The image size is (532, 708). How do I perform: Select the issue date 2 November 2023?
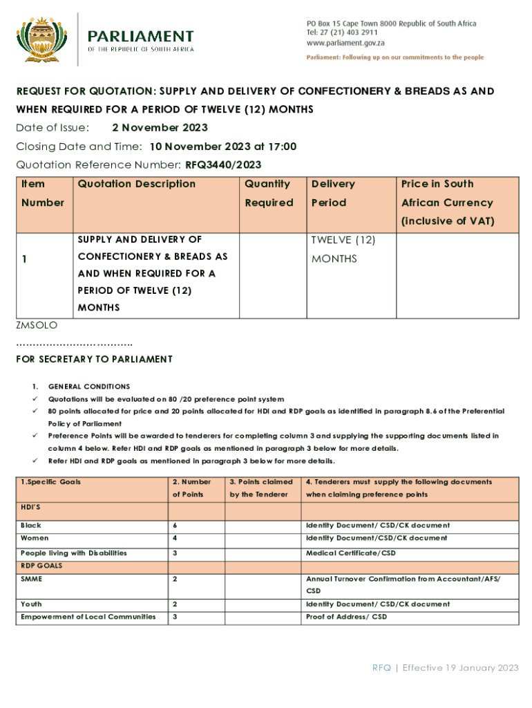pyautogui.click(x=160, y=128)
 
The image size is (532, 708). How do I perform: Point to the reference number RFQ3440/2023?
pyautogui.click(x=223, y=165)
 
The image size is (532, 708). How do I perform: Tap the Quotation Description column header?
pyautogui.click(x=137, y=184)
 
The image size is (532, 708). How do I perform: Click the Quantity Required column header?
pyautogui.click(x=269, y=193)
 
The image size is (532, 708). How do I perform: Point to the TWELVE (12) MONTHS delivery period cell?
pyautogui.click(x=343, y=249)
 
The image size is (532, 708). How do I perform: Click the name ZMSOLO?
pyautogui.click(x=37, y=324)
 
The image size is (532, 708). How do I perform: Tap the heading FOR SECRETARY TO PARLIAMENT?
pyautogui.click(x=94, y=359)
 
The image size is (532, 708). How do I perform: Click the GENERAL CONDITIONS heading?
pyautogui.click(x=88, y=386)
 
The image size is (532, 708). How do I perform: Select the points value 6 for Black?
pyautogui.click(x=174, y=525)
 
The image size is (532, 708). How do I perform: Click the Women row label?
pyautogui.click(x=35, y=538)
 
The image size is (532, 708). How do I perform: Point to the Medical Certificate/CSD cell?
pyautogui.click(x=351, y=553)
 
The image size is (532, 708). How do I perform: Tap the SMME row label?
pyautogui.click(x=31, y=579)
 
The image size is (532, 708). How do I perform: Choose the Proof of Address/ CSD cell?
pyautogui.click(x=346, y=617)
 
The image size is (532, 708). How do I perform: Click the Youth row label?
pyautogui.click(x=30, y=604)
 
